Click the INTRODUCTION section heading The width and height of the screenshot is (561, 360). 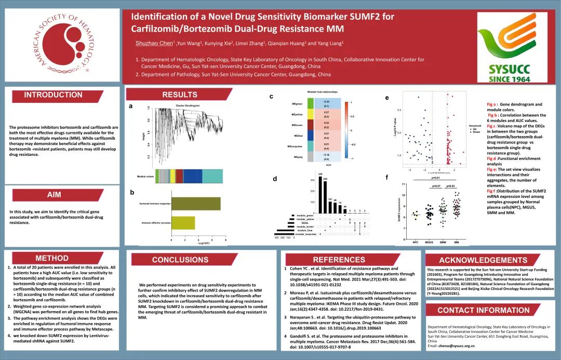[x=53, y=95]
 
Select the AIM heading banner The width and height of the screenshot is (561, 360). [x=54, y=195]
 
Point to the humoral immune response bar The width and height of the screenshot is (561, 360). [x=196, y=204]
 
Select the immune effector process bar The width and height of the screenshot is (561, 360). [x=183, y=222]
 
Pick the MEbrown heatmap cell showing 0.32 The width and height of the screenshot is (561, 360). [x=327, y=125]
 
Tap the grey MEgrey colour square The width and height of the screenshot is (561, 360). [x=310, y=156]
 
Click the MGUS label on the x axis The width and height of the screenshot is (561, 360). [x=430, y=242]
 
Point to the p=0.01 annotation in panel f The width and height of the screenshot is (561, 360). [x=436, y=177]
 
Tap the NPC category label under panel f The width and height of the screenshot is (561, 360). [x=415, y=242]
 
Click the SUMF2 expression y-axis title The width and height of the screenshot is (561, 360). [x=399, y=211]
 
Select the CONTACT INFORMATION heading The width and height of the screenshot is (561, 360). [x=476, y=311]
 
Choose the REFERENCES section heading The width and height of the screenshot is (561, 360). [x=339, y=260]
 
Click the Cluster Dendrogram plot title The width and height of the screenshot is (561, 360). [x=188, y=106]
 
